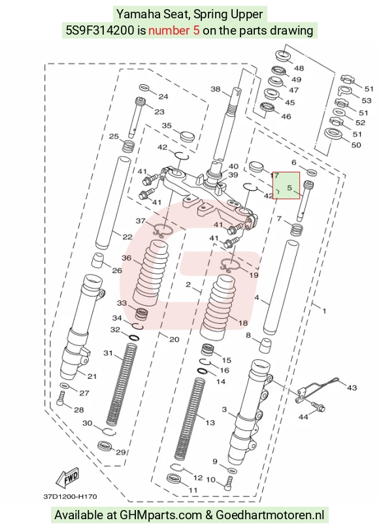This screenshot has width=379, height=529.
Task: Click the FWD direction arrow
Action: (68, 477)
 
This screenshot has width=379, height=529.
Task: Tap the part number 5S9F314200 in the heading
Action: (99, 30)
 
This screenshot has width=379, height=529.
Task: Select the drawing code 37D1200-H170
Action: (70, 496)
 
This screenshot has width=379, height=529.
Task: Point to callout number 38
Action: (216, 89)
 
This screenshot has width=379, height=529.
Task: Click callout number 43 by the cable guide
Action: (352, 388)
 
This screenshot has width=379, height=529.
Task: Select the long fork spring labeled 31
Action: (122, 385)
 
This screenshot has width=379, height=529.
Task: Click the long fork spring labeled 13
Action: (191, 419)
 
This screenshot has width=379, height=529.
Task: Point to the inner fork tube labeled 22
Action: (113, 202)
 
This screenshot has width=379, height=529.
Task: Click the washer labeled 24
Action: (144, 88)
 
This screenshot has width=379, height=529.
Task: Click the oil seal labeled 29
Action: (105, 445)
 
